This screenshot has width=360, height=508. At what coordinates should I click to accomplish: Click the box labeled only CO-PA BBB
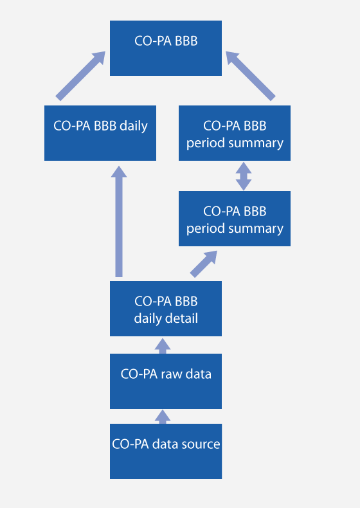[x=166, y=48]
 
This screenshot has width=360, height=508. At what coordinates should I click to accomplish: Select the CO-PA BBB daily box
[x=100, y=133]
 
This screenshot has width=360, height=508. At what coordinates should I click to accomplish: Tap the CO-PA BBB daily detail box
[x=166, y=309]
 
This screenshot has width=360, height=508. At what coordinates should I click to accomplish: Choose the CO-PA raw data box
[x=166, y=381]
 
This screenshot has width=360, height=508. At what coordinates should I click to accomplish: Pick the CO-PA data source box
[x=166, y=451]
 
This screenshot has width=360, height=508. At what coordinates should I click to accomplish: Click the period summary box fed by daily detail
[x=235, y=219]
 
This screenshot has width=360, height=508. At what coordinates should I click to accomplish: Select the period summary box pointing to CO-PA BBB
[x=235, y=133]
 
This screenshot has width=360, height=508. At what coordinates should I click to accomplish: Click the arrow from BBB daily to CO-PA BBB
[x=80, y=76]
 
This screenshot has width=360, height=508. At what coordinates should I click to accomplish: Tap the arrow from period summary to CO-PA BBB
[x=251, y=76]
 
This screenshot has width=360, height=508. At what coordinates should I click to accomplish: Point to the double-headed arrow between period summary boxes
[x=244, y=176]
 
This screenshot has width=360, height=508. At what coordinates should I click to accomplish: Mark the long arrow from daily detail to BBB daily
[x=119, y=222]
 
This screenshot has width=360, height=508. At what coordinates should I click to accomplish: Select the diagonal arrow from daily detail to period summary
[x=204, y=264]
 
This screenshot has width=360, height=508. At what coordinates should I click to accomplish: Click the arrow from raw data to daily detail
[x=163, y=346]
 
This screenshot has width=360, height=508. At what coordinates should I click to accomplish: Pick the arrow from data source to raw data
[x=163, y=417]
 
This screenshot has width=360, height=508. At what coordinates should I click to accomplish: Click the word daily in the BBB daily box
[x=134, y=126]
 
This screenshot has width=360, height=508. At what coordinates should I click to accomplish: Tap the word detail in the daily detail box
[x=181, y=318]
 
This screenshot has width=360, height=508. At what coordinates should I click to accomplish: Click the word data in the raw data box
[x=199, y=374]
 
